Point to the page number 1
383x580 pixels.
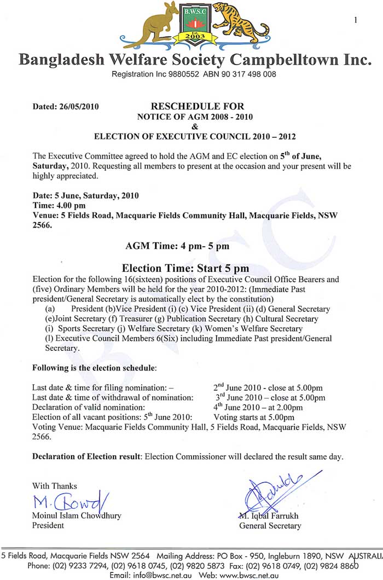[x=356, y=20]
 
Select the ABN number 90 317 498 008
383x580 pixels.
[x=246, y=73]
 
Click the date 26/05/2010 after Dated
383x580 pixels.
[x=79, y=107]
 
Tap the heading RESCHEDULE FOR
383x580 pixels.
[x=198, y=106]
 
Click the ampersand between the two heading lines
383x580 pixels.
[x=198, y=125]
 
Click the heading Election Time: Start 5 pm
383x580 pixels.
[x=185, y=268]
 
